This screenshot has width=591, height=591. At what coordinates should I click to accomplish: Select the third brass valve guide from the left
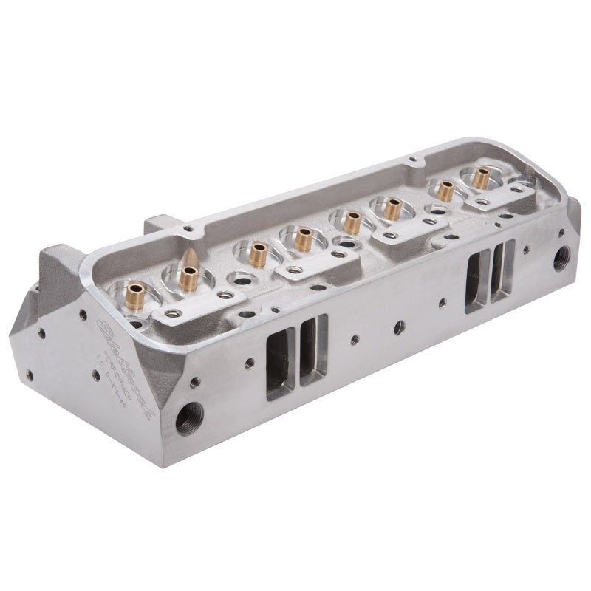(x=258, y=253)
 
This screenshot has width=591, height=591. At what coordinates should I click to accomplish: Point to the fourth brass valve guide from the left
(x=303, y=238)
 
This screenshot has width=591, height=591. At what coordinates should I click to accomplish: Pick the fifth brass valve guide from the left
(x=352, y=220)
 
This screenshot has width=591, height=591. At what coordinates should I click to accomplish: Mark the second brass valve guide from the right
(x=445, y=190)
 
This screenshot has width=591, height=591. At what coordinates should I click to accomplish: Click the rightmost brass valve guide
(x=482, y=177)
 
